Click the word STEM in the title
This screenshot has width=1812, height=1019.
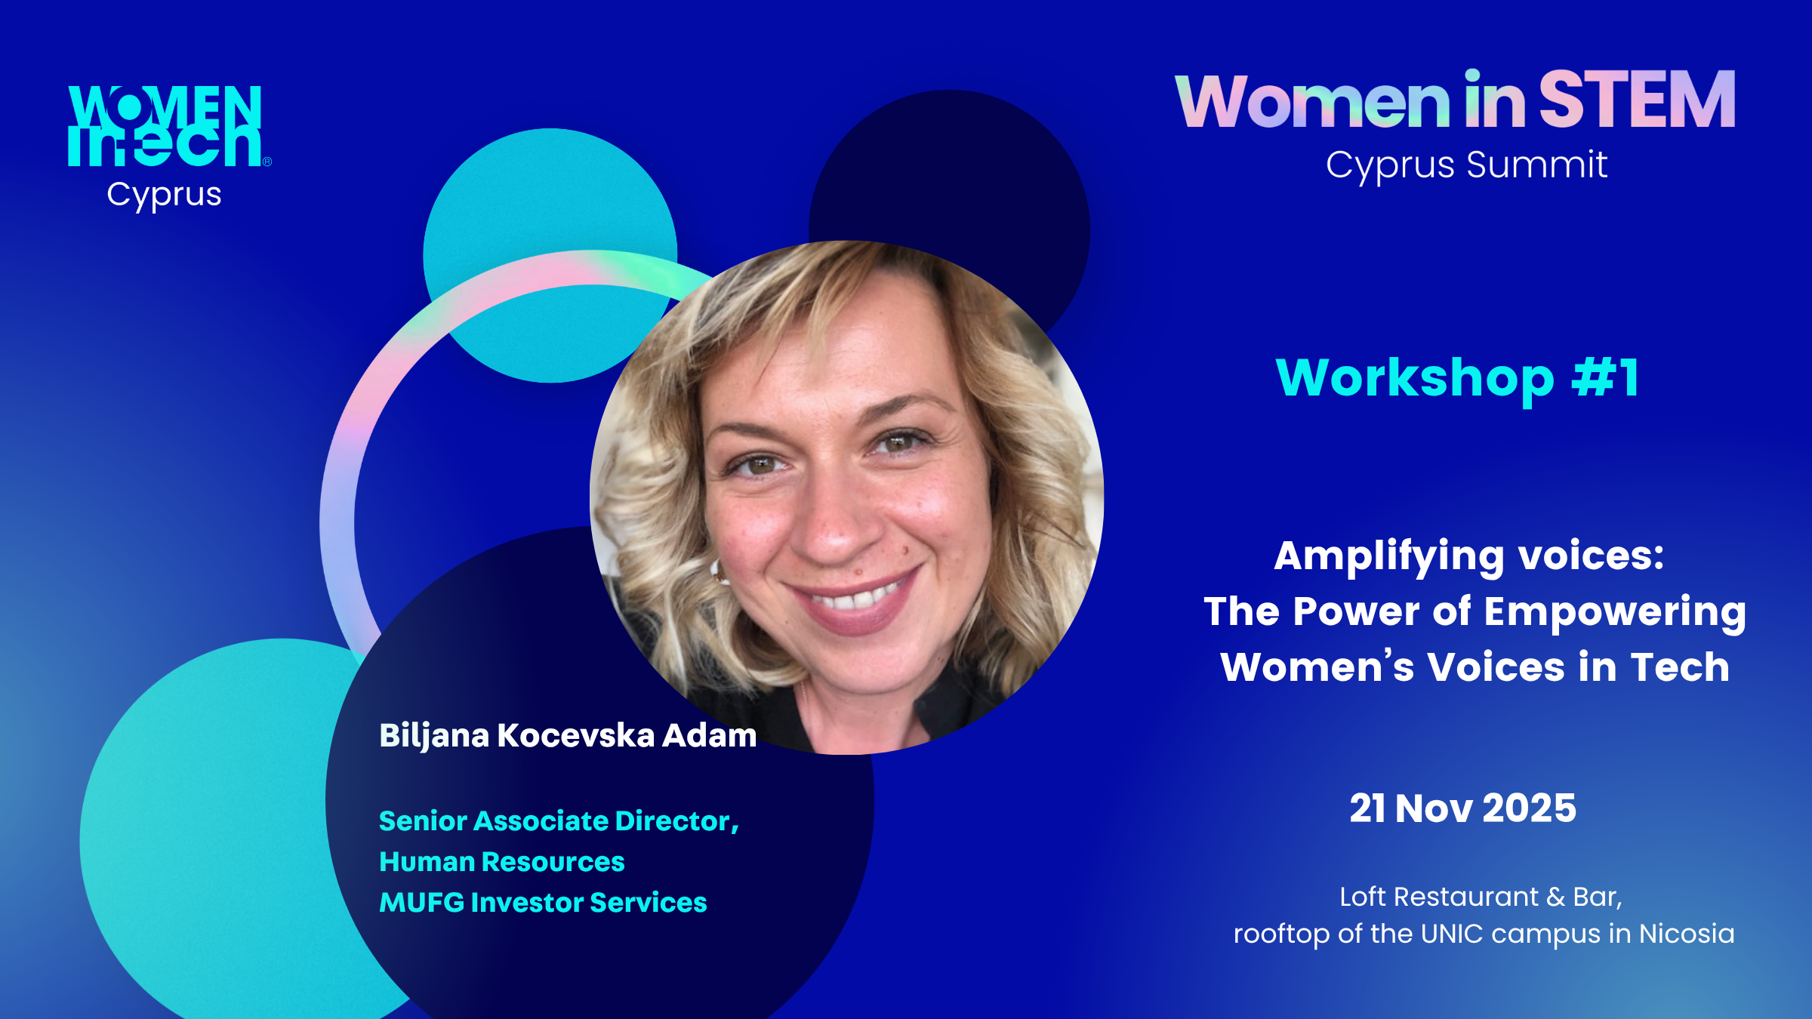1637,100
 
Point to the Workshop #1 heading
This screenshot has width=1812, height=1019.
1457,377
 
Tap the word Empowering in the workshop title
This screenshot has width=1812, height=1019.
1615,613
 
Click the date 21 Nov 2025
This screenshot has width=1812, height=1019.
1462,808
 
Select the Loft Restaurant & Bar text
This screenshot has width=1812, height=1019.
1481,897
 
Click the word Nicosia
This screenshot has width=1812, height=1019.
1687,934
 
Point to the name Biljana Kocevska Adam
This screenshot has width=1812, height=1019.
568,736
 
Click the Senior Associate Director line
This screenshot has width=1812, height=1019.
559,821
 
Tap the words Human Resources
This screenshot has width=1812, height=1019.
502,861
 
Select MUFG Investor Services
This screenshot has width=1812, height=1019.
543,902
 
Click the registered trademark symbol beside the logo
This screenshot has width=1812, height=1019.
267,162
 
